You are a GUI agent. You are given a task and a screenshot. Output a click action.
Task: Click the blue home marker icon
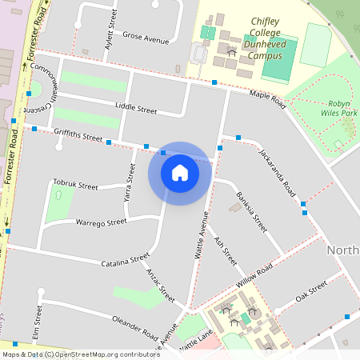tap(180, 173)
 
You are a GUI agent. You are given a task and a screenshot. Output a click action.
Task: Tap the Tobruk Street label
tap(75, 186)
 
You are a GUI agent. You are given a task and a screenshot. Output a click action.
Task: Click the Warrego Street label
tap(101, 222)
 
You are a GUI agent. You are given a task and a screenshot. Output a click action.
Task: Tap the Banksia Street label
tap(250, 212)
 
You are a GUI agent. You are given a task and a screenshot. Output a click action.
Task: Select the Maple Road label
tap(267, 98)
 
